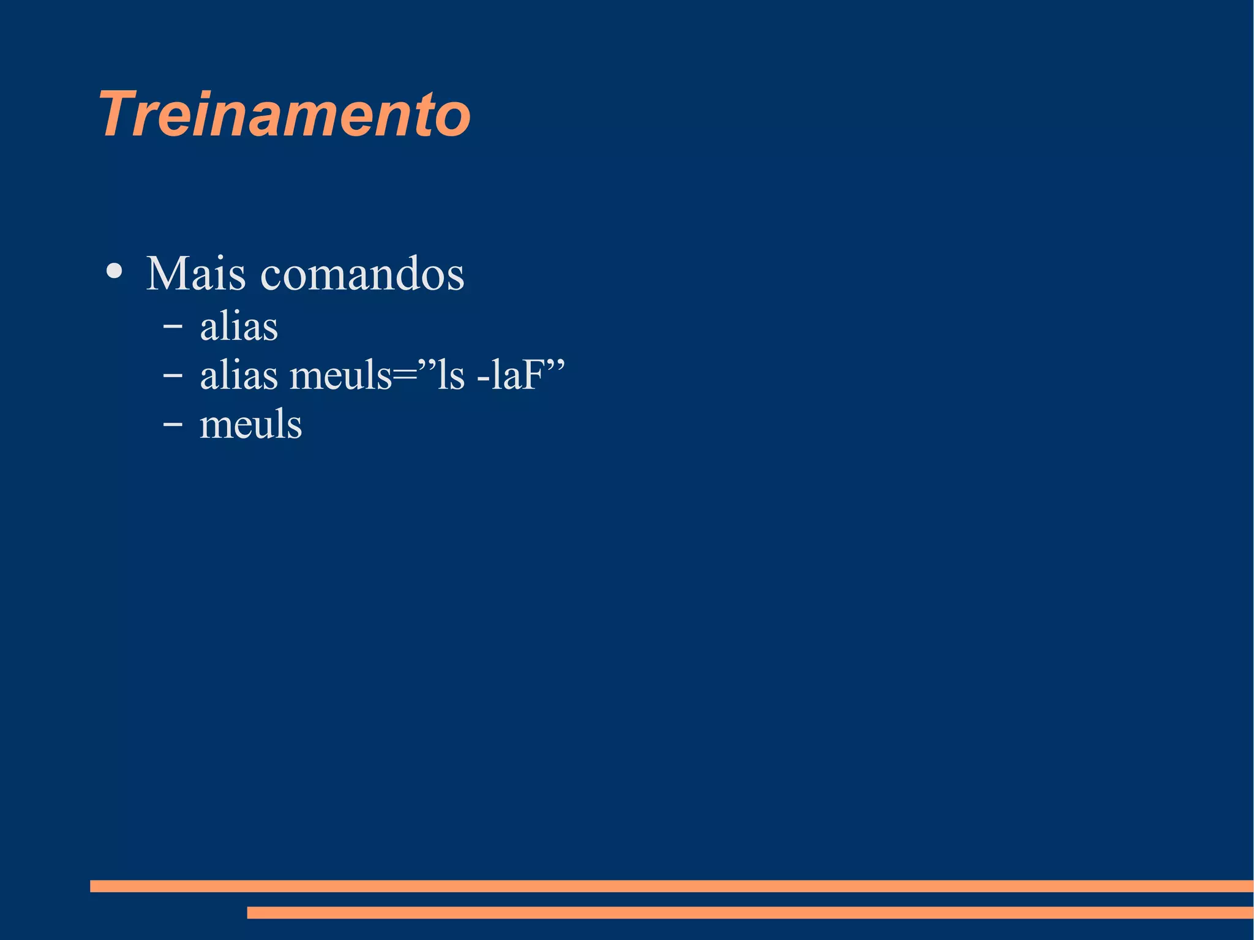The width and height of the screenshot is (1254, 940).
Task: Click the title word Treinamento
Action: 285,115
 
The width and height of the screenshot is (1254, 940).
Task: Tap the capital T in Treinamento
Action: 119,115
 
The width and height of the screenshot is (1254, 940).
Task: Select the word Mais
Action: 195,273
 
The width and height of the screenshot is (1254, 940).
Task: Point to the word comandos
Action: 362,274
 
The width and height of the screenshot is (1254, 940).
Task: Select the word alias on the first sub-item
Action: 239,326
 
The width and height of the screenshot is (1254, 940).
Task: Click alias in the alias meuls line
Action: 239,375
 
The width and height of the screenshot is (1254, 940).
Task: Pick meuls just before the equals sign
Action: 340,375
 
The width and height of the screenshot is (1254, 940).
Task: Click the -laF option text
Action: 510,375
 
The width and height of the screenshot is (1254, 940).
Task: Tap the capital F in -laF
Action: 533,375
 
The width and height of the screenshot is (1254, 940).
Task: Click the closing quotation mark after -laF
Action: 555,363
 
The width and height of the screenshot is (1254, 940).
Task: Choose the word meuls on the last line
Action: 251,424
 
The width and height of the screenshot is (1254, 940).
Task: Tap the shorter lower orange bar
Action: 749,912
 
